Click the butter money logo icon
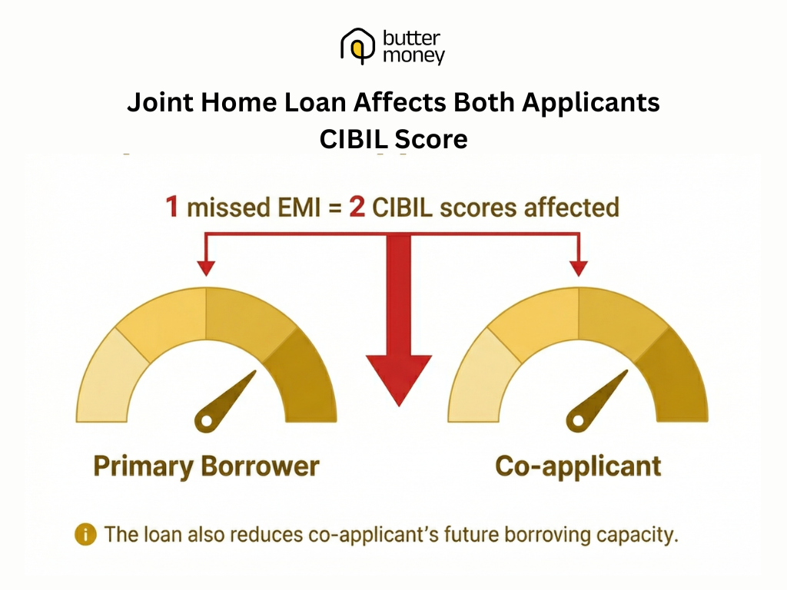click(x=356, y=46)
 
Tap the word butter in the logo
click(x=411, y=38)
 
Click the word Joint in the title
click(x=158, y=103)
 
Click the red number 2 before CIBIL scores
click(x=357, y=207)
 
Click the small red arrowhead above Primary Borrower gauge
click(x=205, y=267)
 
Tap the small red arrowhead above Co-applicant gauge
click(x=579, y=267)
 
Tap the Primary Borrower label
click(x=206, y=466)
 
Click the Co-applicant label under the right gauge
click(x=578, y=466)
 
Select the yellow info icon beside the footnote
click(x=85, y=535)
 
